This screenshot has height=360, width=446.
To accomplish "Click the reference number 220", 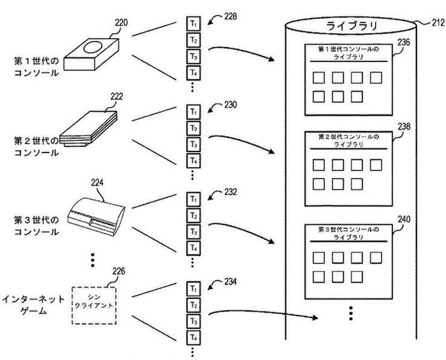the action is click(x=121, y=22).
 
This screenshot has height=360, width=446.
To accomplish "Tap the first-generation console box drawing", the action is click(x=91, y=54).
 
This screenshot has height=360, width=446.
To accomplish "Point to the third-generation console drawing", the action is click(x=96, y=216).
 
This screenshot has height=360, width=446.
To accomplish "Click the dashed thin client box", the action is click(x=94, y=305).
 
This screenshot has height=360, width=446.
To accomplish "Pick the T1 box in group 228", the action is click(x=193, y=24).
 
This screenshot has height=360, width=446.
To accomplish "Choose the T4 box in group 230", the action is click(x=193, y=161).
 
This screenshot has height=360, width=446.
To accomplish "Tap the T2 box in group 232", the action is click(x=193, y=215).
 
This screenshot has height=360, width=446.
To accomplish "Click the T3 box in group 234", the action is click(x=193, y=321).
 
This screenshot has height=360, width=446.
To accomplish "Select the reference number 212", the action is click(x=438, y=22).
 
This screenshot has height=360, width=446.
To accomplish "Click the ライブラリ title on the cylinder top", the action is click(x=351, y=26).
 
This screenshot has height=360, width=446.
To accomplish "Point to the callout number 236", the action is click(x=404, y=42).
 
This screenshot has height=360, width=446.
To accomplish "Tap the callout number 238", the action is click(x=404, y=127).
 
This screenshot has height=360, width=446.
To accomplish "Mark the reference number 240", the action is click(x=404, y=219).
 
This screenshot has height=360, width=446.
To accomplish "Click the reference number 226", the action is click(x=119, y=271).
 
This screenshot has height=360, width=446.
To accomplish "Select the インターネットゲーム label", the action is click(x=33, y=305).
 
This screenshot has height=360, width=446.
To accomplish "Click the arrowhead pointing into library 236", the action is click(x=271, y=59).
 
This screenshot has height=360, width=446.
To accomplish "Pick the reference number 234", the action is click(x=230, y=282).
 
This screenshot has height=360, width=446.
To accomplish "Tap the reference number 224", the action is click(x=97, y=183).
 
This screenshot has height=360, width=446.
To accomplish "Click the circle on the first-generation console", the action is click(x=93, y=47).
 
